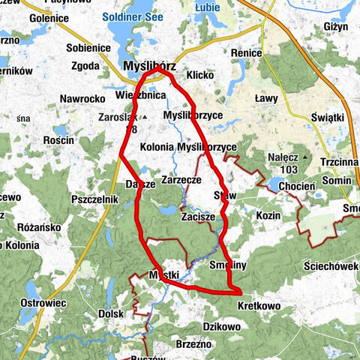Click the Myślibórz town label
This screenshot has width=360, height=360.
pos(148,67)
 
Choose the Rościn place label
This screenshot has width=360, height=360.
pos(58,139)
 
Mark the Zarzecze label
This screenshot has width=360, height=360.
pos(180,181)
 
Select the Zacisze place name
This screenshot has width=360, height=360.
pos(198,216)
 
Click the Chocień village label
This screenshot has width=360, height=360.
pos(296,186)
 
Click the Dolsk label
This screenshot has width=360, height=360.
pos(110,314)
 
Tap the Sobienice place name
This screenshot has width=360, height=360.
pos(88,47)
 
